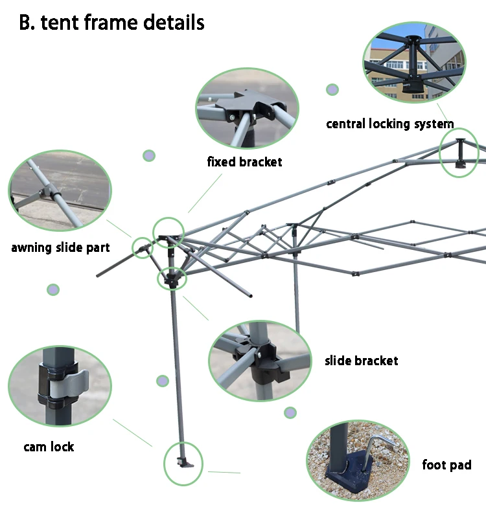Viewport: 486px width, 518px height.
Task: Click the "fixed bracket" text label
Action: click(244, 162)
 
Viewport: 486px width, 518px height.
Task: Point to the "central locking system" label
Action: click(389, 124)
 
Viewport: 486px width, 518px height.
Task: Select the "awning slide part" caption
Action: click(60, 247)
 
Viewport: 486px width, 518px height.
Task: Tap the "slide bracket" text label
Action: click(361, 361)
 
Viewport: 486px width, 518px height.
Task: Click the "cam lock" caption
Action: click(49, 447)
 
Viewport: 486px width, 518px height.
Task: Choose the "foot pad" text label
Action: click(446, 465)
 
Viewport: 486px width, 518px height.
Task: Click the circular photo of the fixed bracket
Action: click(247, 109)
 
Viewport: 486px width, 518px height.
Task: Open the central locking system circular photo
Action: click(414, 63)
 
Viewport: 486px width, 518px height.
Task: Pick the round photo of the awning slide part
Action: click(60, 190)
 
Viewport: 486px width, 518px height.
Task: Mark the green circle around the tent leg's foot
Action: click(183, 464)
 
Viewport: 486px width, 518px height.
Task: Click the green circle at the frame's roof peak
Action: click(459, 152)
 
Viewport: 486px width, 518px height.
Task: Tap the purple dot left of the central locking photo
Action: click(332, 89)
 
